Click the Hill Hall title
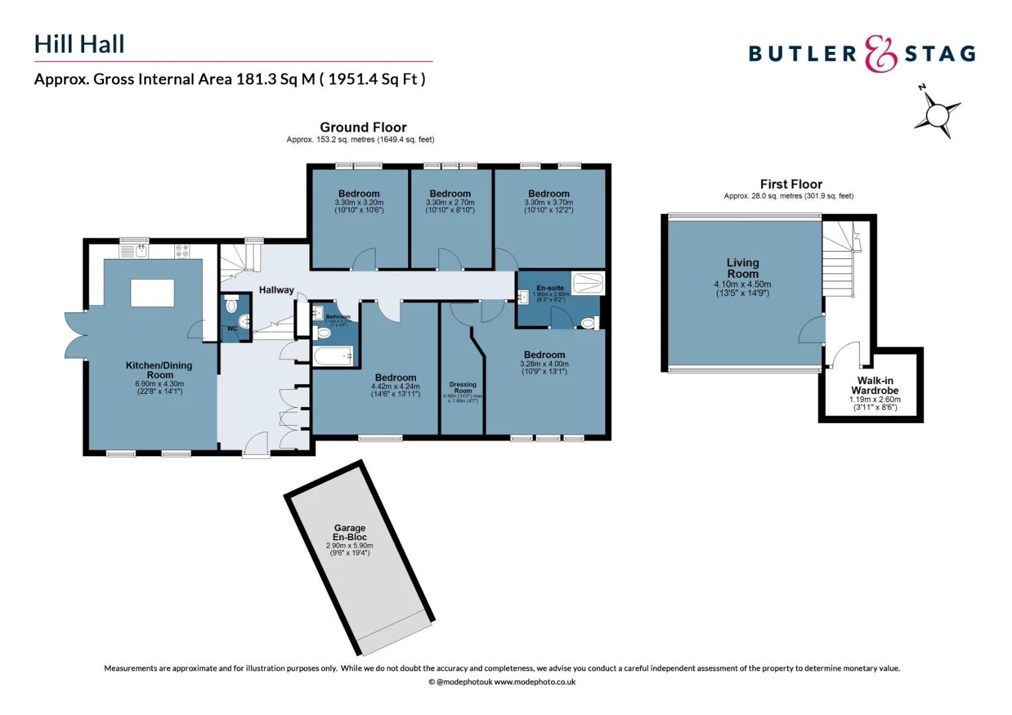click(79, 44)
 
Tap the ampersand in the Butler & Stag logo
click(880, 54)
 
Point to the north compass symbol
click(937, 114)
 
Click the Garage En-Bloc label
click(349, 532)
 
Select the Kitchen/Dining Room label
click(159, 370)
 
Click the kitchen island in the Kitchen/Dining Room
click(152, 293)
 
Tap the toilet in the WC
click(231, 306)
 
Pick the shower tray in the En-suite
click(587, 283)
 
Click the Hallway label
click(276, 290)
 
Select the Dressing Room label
click(462, 387)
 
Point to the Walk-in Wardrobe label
click(874, 385)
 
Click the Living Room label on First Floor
click(742, 268)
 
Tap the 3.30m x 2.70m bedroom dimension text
click(450, 203)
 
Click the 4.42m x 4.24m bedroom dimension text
click(395, 387)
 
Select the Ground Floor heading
click(363, 127)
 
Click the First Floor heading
click(791, 184)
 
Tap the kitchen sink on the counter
click(140, 251)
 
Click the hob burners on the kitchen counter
click(182, 251)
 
